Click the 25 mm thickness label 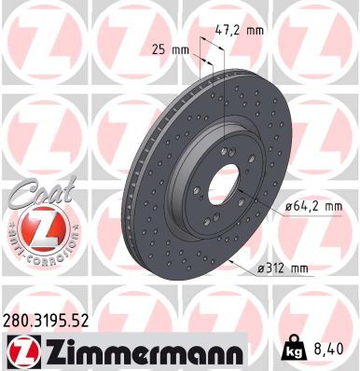point(169,48)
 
